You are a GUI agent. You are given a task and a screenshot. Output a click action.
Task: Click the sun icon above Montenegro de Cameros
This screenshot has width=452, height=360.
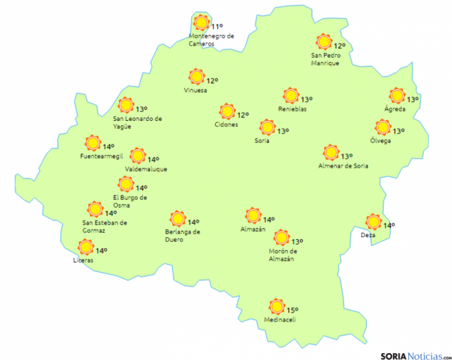tap(201, 23)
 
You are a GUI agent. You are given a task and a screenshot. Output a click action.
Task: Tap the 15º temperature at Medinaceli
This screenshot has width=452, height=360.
tap(292, 310)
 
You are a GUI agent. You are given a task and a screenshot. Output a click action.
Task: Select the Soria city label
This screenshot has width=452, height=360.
tap(262, 140)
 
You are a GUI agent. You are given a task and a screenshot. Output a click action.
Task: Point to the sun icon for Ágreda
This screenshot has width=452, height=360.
tap(397, 96)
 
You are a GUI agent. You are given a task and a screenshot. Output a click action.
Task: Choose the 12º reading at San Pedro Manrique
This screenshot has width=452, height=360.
tap(339, 46)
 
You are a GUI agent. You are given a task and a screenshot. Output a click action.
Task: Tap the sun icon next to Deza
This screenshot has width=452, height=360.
tap(374, 222)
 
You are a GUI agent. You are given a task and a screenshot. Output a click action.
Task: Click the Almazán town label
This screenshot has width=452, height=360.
tap(253, 229)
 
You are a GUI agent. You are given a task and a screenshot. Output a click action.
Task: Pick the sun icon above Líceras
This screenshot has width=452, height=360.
tap(85, 247)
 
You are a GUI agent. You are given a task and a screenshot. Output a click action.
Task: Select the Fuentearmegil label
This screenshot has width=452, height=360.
tap(101, 156)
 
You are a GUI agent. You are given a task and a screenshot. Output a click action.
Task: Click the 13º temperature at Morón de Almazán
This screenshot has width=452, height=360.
tap(297, 241)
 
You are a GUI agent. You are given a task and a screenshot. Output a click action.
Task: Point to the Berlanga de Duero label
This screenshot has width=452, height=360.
tap(182, 235)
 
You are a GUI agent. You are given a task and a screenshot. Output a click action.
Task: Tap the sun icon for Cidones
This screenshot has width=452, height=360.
tap(227, 112)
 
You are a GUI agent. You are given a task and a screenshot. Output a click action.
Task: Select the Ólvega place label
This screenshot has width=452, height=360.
tap(380, 140)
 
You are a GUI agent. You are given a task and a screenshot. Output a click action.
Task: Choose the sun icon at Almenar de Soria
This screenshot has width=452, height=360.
tap(330, 152)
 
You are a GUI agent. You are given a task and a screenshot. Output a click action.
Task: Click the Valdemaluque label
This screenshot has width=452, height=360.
tap(146, 170)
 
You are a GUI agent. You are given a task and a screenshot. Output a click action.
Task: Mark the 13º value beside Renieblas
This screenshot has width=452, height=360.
tap(306, 99)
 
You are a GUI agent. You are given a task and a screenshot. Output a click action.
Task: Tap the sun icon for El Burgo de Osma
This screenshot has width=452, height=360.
tap(126, 184)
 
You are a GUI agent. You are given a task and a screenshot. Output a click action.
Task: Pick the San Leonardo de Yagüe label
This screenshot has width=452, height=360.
tap(137, 122)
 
